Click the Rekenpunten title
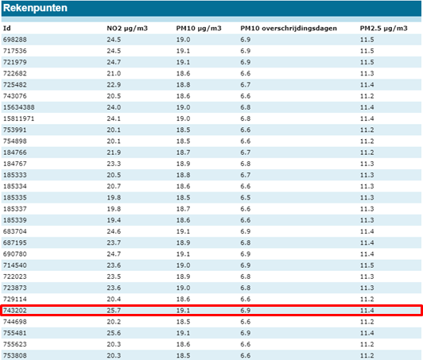coord(35,8)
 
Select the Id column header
coord(7,29)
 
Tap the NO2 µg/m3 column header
coord(127,29)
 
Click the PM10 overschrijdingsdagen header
coord(289,29)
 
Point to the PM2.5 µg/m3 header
coord(383,29)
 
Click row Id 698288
coord(15,40)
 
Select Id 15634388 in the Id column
coord(19,107)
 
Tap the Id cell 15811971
coord(19,118)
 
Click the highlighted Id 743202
coord(15,311)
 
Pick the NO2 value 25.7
coord(114,311)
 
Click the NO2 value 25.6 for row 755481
coord(114,333)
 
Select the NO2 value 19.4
coord(114,220)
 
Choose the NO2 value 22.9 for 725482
coord(114,85)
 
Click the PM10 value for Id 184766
coord(183,153)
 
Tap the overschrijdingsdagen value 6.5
coord(246,198)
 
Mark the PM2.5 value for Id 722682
coord(367,73)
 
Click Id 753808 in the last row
coord(15,356)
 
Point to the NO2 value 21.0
coord(114,73)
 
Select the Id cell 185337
coord(15,209)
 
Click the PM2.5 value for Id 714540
coord(367,265)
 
